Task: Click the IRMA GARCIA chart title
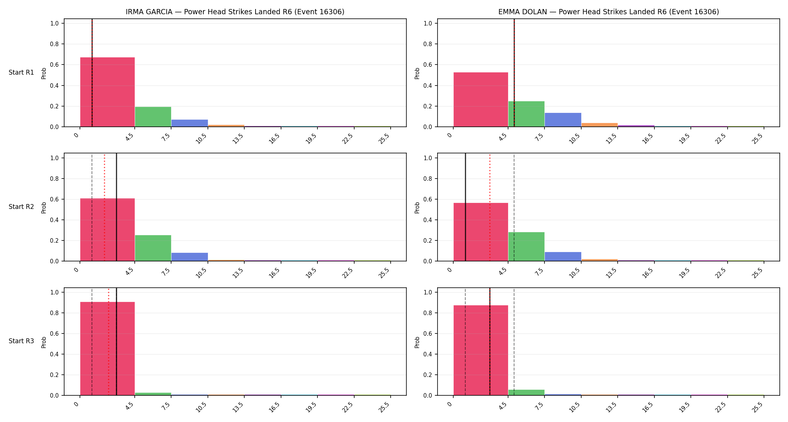[235, 12]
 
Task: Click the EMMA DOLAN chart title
[609, 12]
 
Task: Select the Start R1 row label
[21, 72]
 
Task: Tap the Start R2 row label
[21, 207]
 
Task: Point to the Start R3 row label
[21, 341]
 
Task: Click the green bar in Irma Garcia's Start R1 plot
[153, 117]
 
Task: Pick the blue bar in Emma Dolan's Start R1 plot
[563, 120]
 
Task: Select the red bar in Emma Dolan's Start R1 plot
[481, 99]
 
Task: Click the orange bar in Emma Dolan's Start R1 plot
[600, 125]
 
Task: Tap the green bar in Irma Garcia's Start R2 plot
[153, 248]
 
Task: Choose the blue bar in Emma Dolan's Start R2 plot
[563, 257]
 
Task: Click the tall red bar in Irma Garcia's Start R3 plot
[107, 348]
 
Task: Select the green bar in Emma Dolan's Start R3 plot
[526, 392]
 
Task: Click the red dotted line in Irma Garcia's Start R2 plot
[105, 207]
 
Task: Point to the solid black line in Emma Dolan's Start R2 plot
[465, 207]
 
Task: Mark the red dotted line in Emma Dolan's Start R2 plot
[490, 207]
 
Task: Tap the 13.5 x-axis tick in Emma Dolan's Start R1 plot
[611, 139]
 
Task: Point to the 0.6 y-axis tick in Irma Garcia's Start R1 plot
[54, 65]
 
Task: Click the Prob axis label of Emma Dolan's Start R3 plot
[417, 342]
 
